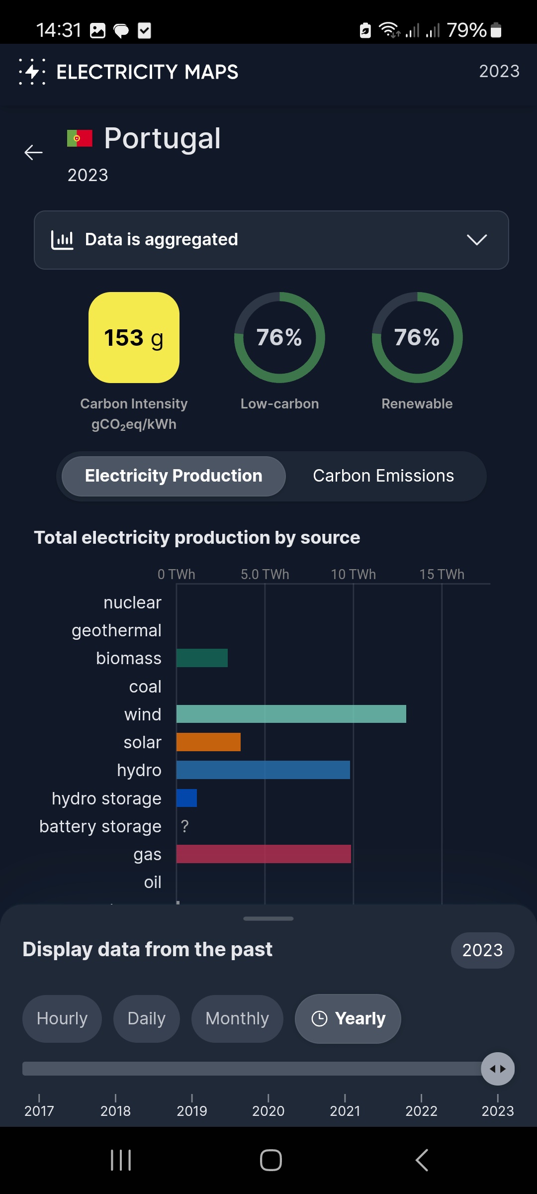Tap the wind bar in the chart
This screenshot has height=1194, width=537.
tap(291, 714)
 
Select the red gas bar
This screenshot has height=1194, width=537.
tap(264, 854)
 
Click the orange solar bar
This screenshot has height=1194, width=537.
tap(208, 742)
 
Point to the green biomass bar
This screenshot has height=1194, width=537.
tap(202, 658)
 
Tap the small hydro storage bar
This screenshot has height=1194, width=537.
tap(186, 798)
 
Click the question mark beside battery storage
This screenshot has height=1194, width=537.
tap(185, 826)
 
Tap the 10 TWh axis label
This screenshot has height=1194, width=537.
tap(354, 574)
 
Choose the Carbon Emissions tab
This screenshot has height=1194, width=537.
tap(383, 476)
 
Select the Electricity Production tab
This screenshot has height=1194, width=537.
tap(174, 476)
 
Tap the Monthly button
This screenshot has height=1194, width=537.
tap(237, 1018)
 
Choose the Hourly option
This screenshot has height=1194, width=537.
tap(62, 1018)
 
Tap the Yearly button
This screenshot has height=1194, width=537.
tap(348, 1018)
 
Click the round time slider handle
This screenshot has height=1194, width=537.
tap(498, 1069)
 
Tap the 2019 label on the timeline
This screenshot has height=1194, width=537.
tap(192, 1111)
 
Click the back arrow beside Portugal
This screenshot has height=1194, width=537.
tap(34, 152)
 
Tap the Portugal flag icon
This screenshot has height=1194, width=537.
tap(80, 138)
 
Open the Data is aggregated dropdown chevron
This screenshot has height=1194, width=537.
tap(477, 240)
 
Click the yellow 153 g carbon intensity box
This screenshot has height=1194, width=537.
tap(134, 337)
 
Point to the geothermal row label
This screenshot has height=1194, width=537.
tap(116, 630)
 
